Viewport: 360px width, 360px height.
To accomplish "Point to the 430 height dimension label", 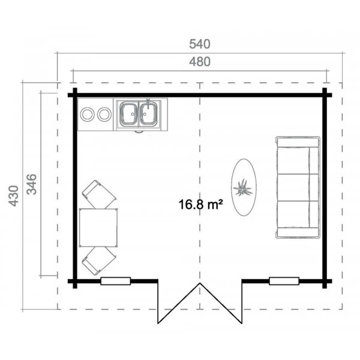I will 14,196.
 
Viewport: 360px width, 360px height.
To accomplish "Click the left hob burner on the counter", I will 88,113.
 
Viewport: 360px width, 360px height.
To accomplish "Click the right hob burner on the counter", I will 104,113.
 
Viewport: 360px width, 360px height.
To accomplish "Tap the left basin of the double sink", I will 129,114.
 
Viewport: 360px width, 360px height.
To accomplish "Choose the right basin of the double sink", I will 148,114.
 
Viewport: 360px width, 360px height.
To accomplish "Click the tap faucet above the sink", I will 148,103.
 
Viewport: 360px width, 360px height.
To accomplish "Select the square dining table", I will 98,227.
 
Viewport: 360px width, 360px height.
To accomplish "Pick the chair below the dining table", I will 99,261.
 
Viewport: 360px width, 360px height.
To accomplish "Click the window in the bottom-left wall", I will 115,281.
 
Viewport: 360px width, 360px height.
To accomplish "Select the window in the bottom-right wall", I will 284,281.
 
